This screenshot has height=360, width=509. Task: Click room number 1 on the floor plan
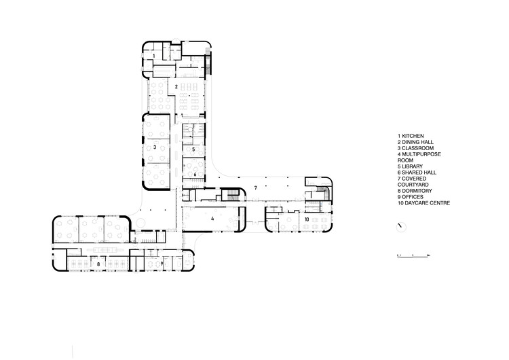click(154, 54)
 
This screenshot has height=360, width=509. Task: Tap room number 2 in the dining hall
click(176, 87)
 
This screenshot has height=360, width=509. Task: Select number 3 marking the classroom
click(155, 146)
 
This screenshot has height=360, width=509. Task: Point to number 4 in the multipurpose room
click(212, 219)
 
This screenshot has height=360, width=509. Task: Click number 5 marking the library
click(194, 149)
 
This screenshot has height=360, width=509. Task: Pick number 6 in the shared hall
click(195, 175)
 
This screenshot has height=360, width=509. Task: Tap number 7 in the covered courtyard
click(255, 186)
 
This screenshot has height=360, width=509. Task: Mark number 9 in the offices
click(162, 263)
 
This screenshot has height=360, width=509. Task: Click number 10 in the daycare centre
click(307, 220)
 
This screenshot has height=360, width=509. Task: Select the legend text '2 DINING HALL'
click(417, 142)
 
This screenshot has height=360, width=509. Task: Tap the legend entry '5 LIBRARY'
click(413, 166)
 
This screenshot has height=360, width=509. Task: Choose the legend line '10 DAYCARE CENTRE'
click(424, 203)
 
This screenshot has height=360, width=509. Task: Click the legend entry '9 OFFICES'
click(413, 197)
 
